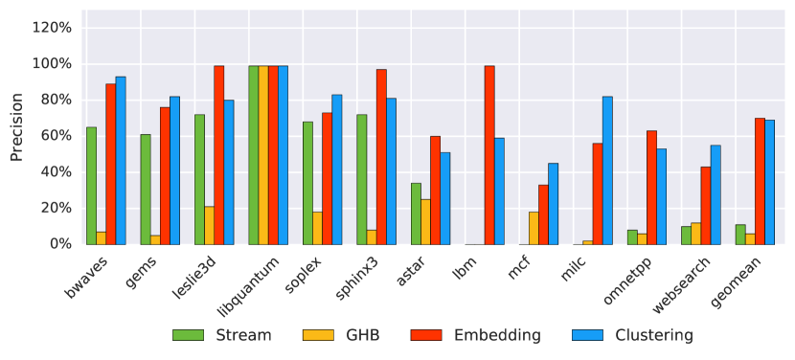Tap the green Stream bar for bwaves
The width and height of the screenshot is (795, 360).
[91, 186]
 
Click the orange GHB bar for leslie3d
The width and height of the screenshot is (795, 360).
[209, 225]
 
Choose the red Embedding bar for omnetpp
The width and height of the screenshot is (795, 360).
[651, 187]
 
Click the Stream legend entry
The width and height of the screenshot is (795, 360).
[221, 335]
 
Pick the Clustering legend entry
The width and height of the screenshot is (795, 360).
[631, 335]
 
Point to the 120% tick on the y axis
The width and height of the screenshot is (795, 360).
[52, 28]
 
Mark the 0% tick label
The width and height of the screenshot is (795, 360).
[59, 244]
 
